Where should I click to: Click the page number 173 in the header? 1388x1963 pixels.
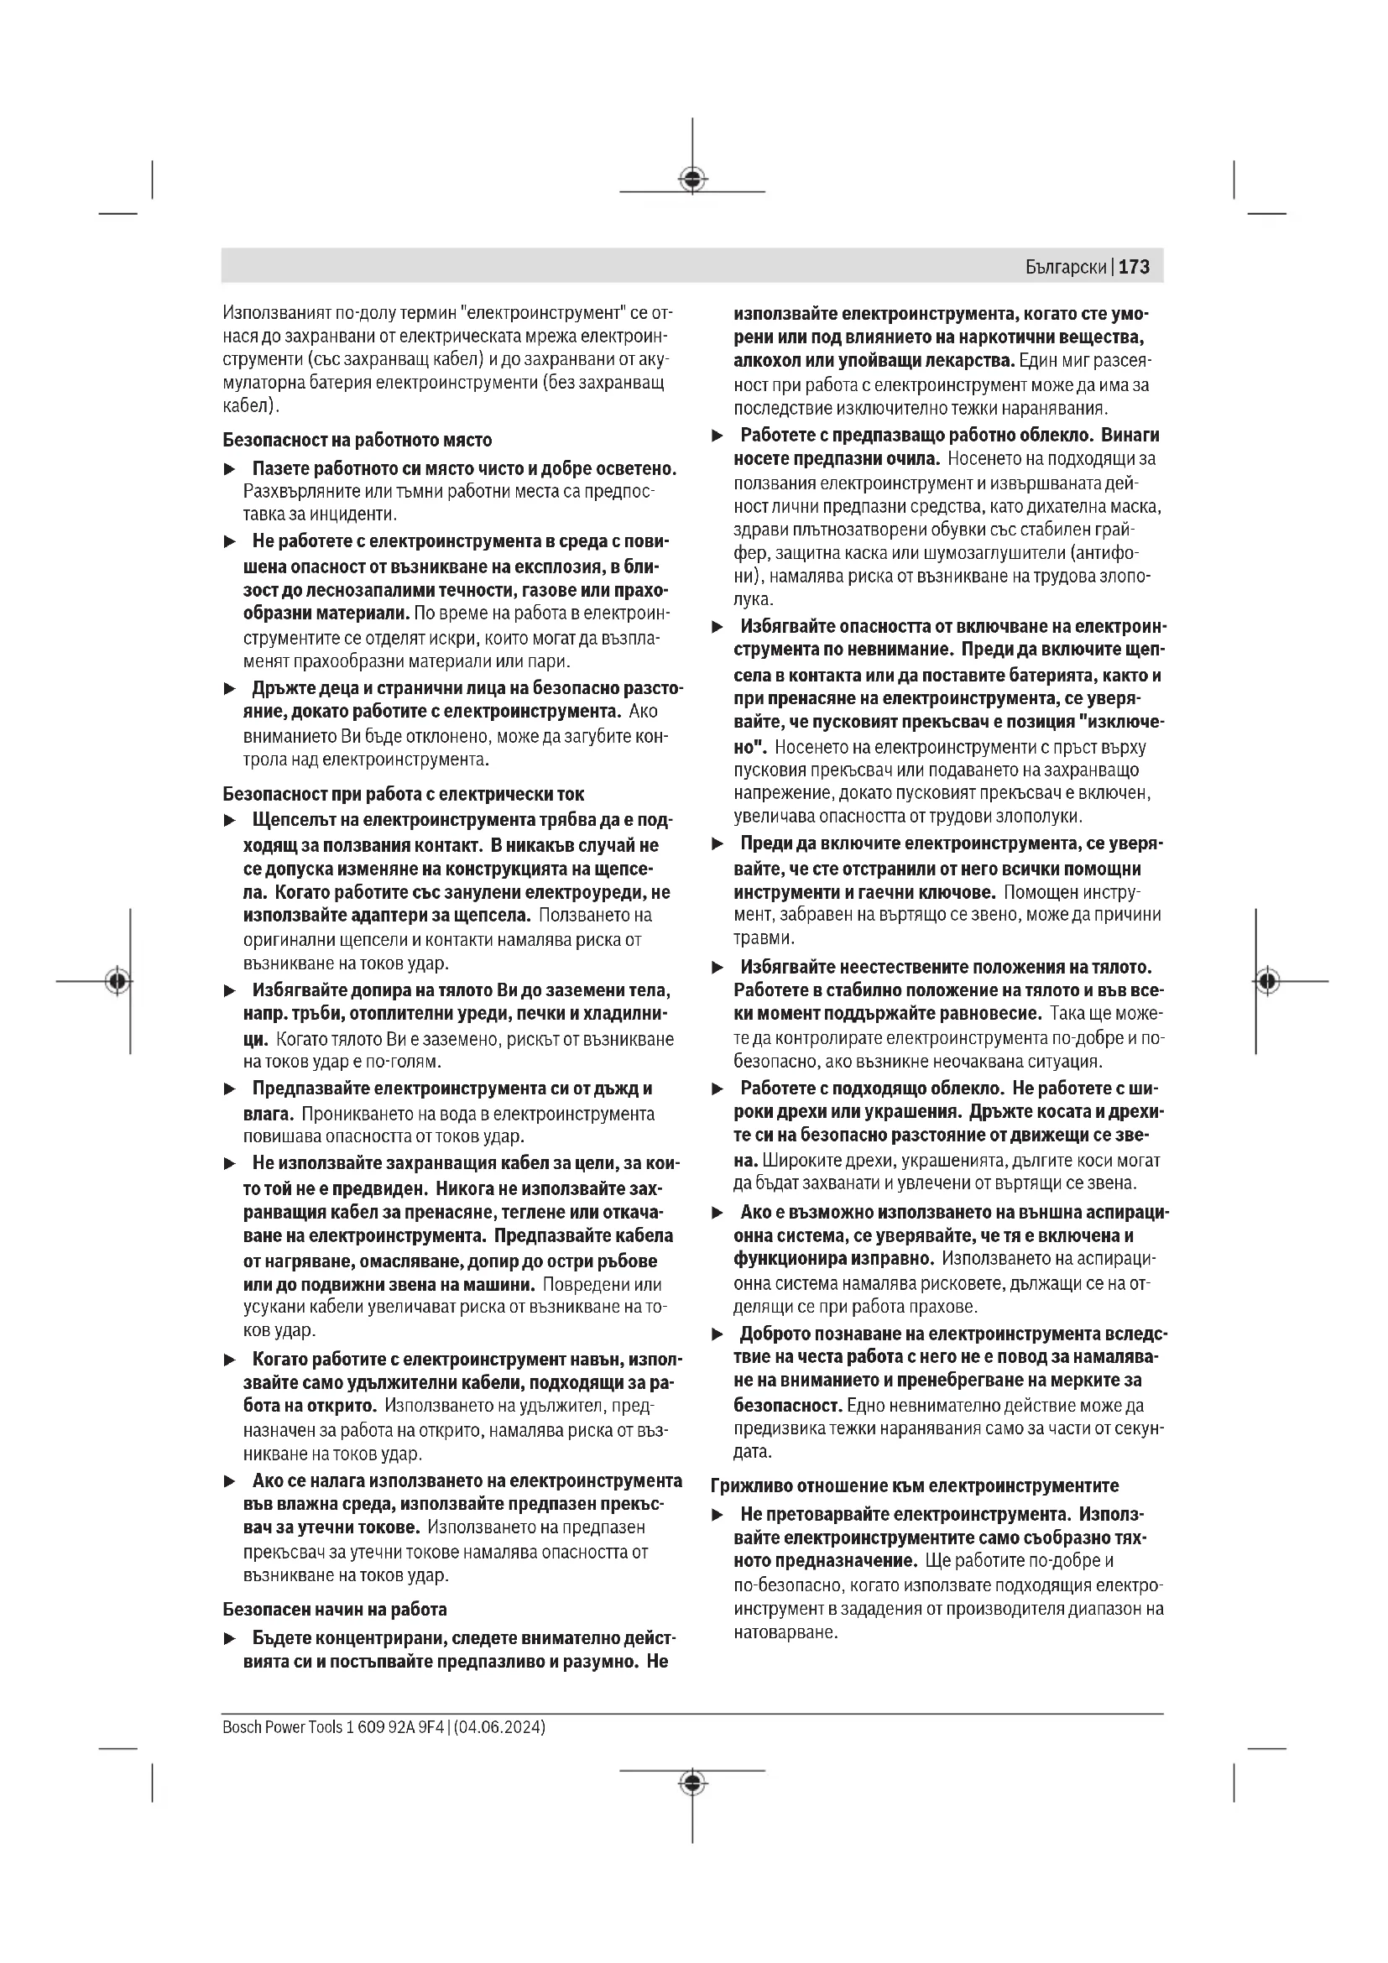point(1135,267)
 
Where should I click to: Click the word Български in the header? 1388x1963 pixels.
point(1066,267)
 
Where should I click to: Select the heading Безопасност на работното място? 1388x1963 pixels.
point(357,441)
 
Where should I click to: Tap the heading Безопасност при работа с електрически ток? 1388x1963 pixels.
point(404,793)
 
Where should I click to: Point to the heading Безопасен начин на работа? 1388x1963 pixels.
point(334,1609)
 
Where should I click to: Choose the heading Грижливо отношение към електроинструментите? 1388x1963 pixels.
point(915,1486)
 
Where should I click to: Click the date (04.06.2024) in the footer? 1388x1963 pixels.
point(499,1727)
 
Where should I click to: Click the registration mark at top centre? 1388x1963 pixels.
point(692,180)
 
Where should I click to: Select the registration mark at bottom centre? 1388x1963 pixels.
point(692,1783)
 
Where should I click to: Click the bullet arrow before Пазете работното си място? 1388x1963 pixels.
point(229,469)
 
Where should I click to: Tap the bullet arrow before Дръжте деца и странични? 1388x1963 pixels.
point(229,688)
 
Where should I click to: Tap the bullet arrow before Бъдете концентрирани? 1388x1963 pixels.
point(229,1638)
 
